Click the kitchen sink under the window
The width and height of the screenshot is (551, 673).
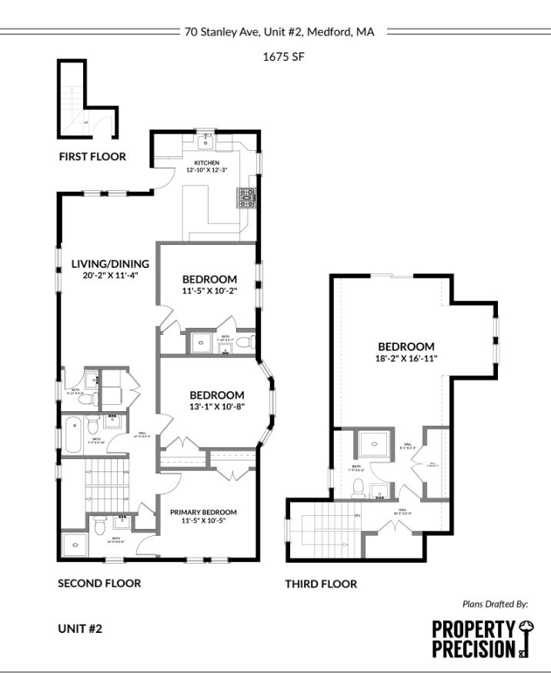(207, 141)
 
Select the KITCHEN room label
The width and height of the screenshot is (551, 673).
(207, 162)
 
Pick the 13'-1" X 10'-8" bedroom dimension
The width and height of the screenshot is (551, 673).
(217, 407)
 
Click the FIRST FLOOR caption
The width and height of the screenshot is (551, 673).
(92, 157)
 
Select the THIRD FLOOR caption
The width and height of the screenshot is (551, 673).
(321, 584)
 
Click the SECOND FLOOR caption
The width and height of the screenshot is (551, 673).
(99, 583)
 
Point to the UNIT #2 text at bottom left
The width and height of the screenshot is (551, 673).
(80, 628)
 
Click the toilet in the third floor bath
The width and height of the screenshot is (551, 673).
(359, 486)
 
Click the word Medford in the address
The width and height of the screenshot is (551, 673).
(331, 32)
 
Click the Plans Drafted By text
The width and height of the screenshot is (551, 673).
(495, 604)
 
